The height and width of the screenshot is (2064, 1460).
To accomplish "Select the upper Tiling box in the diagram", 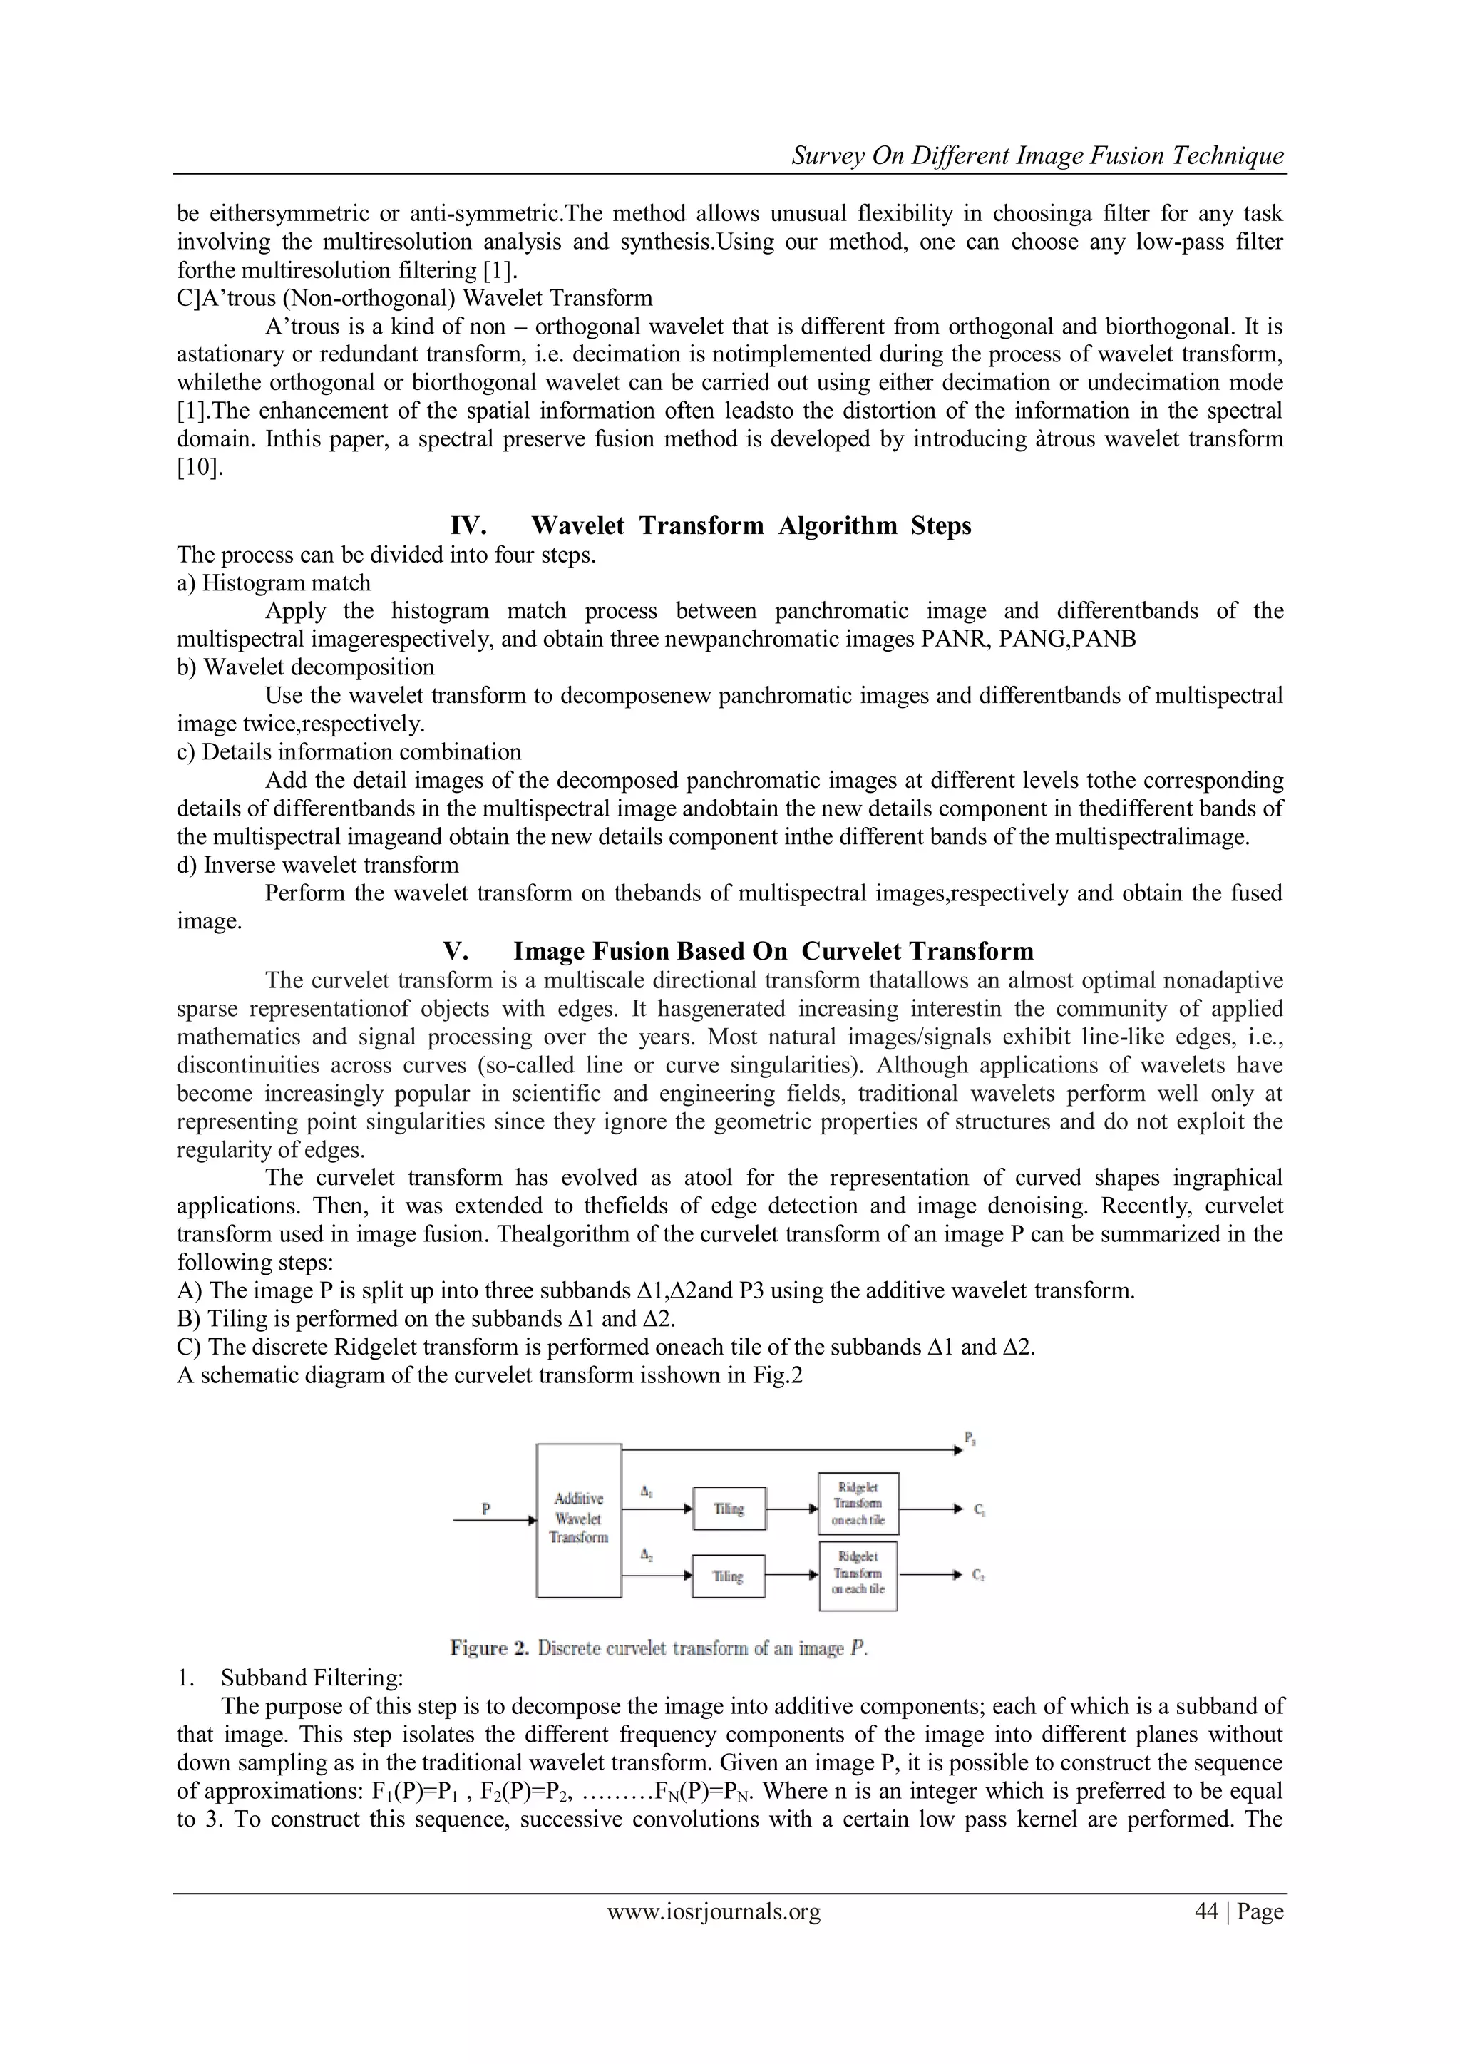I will tap(729, 1509).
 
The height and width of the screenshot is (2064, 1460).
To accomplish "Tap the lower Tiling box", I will tap(728, 1576).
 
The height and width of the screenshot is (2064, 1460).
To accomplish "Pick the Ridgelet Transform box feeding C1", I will tap(858, 1504).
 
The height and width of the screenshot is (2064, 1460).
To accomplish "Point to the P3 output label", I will tap(971, 1438).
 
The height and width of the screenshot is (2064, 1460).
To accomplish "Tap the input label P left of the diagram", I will tap(485, 1509).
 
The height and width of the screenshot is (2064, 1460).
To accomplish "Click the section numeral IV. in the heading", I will tap(468, 526).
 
